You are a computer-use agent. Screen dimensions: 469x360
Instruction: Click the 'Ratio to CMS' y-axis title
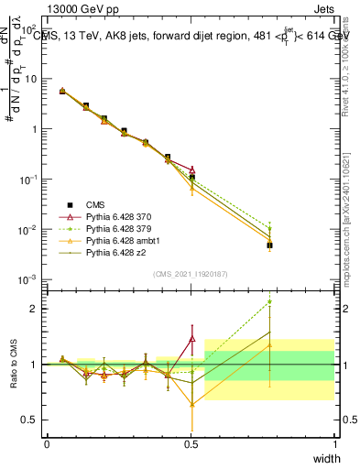point(12,365)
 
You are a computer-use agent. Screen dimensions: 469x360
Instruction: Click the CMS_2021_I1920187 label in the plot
point(191,274)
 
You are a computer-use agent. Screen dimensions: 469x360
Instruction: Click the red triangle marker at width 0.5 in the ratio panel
point(191,339)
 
